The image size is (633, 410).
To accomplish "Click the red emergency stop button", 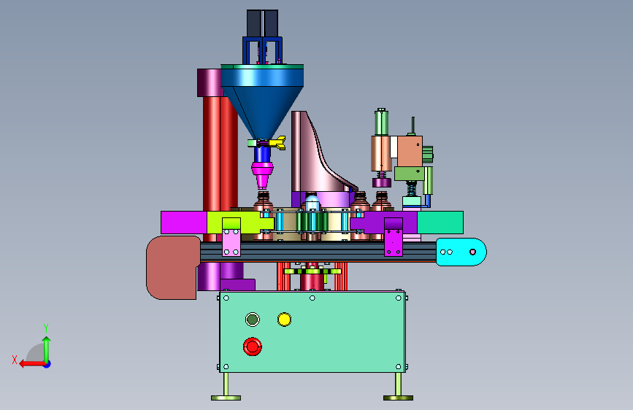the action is [253, 347].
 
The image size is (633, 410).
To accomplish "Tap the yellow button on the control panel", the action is [284, 320].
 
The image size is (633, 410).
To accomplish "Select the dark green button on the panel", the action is [253, 320].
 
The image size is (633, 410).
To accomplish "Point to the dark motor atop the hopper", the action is [262, 23].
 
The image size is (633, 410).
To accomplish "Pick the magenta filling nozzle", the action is [262, 174].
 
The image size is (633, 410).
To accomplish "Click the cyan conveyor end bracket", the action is [461, 252].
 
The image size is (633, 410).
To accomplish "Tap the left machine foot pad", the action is [226, 398].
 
